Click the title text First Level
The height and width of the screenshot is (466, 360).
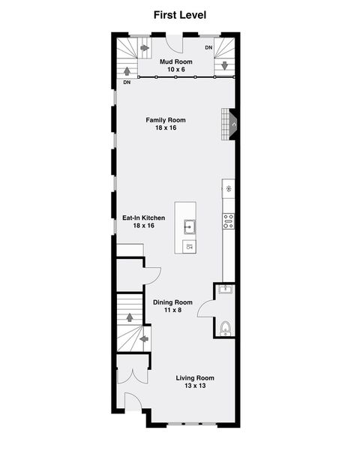pos(180,14)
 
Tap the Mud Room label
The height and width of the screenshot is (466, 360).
pos(175,62)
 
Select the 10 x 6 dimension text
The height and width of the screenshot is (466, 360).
pos(175,69)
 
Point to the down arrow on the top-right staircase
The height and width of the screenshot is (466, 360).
pos(223,65)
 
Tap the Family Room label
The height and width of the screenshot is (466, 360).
pos(166,120)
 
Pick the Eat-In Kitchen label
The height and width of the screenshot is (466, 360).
pos(143,218)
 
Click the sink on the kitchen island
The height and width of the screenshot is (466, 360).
pos(190,224)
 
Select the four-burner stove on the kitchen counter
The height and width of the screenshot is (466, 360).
pos(228,221)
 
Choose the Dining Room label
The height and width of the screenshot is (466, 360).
pos(173,302)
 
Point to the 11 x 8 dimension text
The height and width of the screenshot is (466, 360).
pos(173,310)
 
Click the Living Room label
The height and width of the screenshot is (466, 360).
pos(195,378)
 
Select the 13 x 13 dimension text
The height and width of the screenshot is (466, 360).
pos(195,386)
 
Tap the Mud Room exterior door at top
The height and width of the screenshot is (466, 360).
pos(171,42)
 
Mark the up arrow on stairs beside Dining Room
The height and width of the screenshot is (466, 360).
pos(130,317)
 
